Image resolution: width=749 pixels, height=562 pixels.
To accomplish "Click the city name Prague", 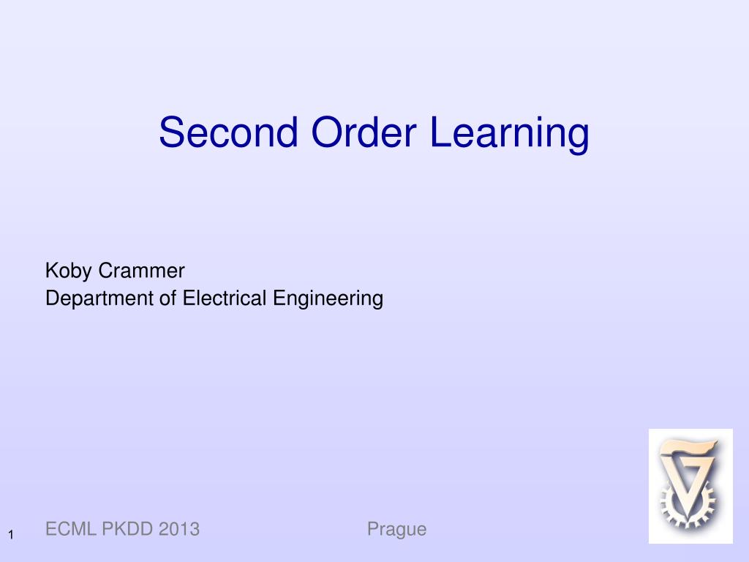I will [396, 529].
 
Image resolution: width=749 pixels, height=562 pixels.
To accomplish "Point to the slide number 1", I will [12, 536].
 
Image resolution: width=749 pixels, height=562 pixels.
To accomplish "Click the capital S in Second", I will [170, 132].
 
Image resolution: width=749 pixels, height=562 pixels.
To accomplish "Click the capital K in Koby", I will [51, 271].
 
